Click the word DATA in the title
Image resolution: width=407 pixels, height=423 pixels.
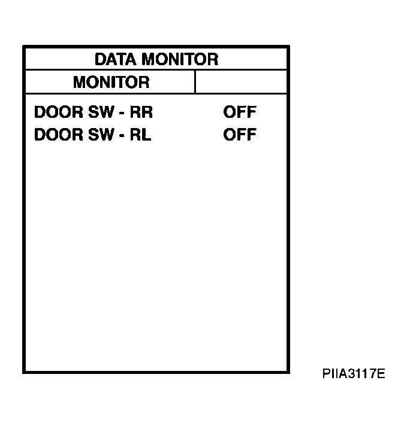pos(116,59)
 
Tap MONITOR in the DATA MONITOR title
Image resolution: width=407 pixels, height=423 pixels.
pos(180,59)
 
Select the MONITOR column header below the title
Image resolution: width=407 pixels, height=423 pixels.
pos(111,82)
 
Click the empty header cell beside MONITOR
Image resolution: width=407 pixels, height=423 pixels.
pos(241,82)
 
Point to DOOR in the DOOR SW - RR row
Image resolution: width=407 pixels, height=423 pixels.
pos(59,112)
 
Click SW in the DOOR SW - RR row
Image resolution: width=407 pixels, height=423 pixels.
pos(101,112)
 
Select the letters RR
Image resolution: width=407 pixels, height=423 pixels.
pos(141,112)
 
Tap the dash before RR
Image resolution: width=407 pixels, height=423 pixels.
pos(122,113)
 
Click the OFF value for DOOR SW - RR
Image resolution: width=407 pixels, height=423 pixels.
pos(240,112)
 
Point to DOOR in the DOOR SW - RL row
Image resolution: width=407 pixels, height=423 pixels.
pos(59,135)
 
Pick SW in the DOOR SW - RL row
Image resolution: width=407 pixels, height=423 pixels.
pos(101,135)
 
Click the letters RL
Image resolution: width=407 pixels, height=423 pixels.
pos(140,135)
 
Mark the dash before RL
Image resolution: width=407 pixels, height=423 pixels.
pos(122,136)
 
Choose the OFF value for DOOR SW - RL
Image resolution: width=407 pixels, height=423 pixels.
pos(240,135)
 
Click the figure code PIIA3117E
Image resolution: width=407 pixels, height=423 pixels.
pos(354,373)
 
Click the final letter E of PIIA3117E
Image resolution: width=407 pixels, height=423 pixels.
pos(381,373)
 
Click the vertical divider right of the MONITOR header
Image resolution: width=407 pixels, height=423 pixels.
pos(195,82)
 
